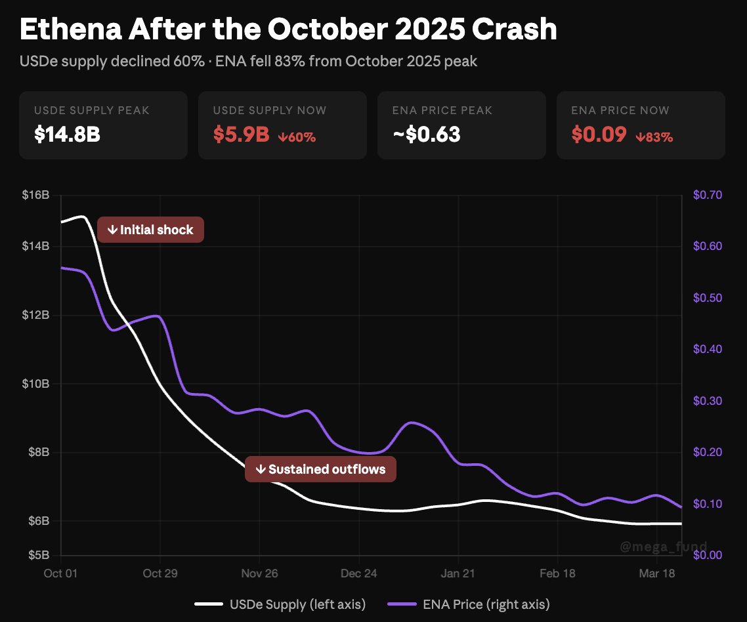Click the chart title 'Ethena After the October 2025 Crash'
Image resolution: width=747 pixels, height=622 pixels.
pos(288,30)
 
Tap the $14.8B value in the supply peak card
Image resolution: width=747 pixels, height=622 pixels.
pos(68,135)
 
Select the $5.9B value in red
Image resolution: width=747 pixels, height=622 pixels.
pos(242,135)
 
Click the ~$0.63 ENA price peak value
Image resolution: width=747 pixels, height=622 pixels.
pos(426,135)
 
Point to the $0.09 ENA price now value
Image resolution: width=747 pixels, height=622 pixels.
pos(598,135)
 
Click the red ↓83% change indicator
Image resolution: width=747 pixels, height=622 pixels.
pos(654,137)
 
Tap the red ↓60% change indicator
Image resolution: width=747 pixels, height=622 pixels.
pos(297,137)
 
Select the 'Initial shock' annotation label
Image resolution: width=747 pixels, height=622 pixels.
pos(150,230)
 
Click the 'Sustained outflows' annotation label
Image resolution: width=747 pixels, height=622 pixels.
pos(320,469)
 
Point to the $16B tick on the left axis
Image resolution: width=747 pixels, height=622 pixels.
pos(35,196)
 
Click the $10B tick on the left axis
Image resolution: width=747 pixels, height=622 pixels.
pos(35,383)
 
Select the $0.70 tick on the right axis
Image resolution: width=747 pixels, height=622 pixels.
pos(708,196)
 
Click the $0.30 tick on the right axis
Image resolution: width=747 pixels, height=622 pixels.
pos(708,401)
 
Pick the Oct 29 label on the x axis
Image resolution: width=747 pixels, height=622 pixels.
pos(161,573)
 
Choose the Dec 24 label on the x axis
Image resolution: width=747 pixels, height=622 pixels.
pos(359,573)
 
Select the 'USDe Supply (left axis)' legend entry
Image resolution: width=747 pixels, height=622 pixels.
pos(280,604)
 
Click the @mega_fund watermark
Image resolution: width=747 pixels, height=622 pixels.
pos(664,547)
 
